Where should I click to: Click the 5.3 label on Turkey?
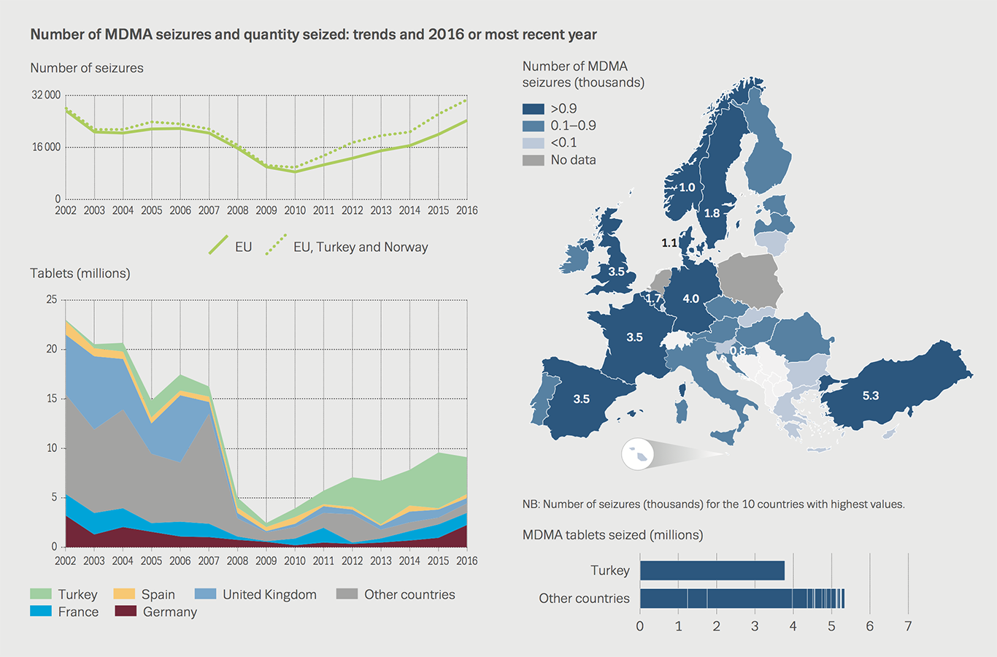point(871,396)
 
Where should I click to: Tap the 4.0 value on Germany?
point(690,299)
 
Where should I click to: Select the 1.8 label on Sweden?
point(712,213)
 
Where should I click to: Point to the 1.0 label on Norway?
point(687,187)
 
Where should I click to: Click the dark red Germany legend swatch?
point(126,612)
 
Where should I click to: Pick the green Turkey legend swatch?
point(41,594)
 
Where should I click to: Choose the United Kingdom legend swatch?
point(206,594)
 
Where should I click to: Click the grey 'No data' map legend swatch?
point(533,160)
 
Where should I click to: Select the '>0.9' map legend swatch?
point(533,109)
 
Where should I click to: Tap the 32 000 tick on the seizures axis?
point(46,95)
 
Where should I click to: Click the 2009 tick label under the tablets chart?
point(266,561)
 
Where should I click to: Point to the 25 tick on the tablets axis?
point(51,299)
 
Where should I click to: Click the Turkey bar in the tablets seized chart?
point(712,570)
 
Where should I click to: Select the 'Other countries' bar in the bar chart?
point(741,598)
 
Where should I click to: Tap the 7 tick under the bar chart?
point(908,626)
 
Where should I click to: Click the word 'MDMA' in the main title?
point(128,34)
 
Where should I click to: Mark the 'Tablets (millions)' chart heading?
point(80,273)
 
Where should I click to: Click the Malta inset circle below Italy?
point(637,454)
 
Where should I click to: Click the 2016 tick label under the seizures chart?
point(466,210)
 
